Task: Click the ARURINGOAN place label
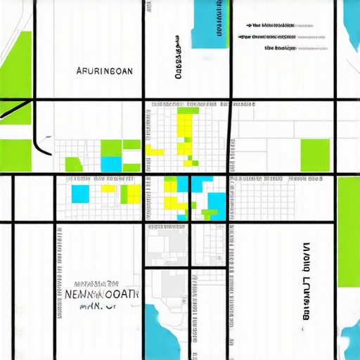(103, 71)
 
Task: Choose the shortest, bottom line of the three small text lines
(280, 49)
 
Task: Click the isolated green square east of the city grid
(315, 155)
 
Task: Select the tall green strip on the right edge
(348, 232)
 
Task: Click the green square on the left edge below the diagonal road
(15, 155)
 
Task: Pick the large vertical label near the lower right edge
(306, 281)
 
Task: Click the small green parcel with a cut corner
(73, 164)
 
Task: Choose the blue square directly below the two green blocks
(111, 164)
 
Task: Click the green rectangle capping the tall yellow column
(188, 110)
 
